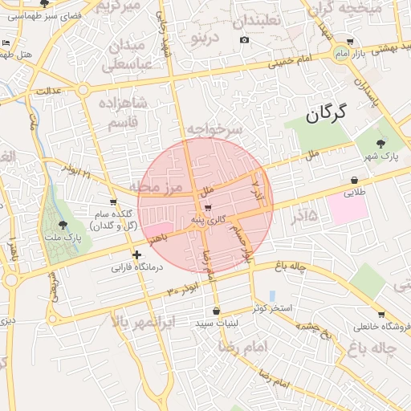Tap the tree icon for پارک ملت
(x=63, y=225)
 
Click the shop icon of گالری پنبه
(x=209, y=208)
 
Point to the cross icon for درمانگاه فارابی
(x=137, y=254)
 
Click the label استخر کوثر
(x=271, y=308)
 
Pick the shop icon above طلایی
(x=354, y=181)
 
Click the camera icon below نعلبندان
(x=244, y=40)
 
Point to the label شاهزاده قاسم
(x=122, y=112)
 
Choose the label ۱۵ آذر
(x=300, y=215)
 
